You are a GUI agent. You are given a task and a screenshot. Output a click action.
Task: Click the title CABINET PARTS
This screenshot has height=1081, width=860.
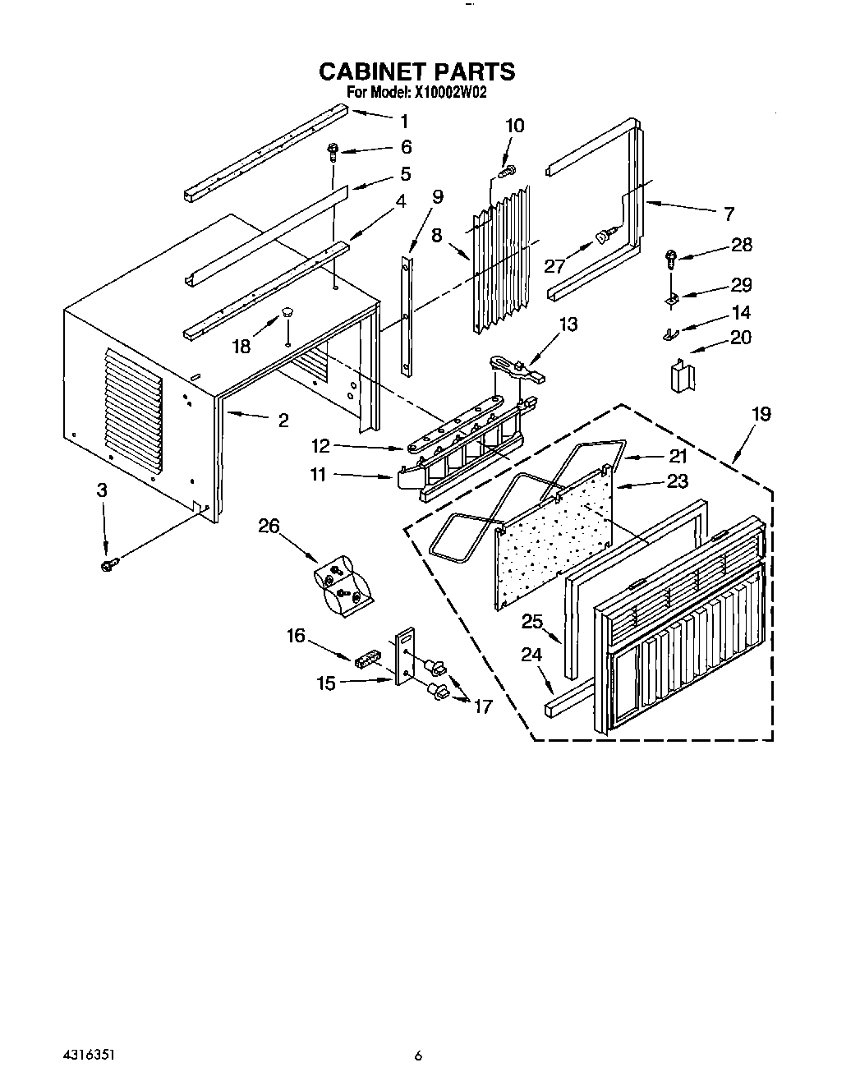pyautogui.click(x=416, y=71)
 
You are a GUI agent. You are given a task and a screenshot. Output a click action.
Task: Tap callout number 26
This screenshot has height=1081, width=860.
pyautogui.click(x=269, y=526)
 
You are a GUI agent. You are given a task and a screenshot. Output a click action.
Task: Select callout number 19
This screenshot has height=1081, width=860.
pyautogui.click(x=761, y=414)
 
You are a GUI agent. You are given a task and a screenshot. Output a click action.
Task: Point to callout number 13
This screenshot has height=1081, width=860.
pyautogui.click(x=568, y=324)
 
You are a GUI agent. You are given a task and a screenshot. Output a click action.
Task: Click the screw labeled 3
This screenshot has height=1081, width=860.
pyautogui.click(x=108, y=565)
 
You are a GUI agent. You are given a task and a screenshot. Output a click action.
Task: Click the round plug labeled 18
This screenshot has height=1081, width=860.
pyautogui.click(x=287, y=312)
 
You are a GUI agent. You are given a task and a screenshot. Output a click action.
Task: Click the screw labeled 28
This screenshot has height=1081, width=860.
pyautogui.click(x=672, y=258)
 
